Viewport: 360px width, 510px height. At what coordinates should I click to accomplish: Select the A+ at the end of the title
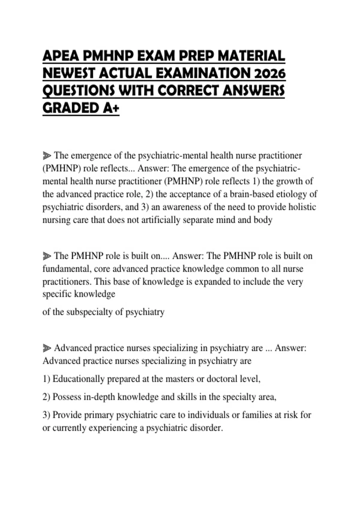pyautogui.click(x=111, y=108)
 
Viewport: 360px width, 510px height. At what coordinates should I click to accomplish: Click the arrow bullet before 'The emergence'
pyautogui.click(x=47, y=156)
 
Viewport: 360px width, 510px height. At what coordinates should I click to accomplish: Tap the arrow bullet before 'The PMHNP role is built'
pyautogui.click(x=47, y=256)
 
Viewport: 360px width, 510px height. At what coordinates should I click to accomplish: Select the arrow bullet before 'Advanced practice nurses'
pyautogui.click(x=47, y=348)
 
